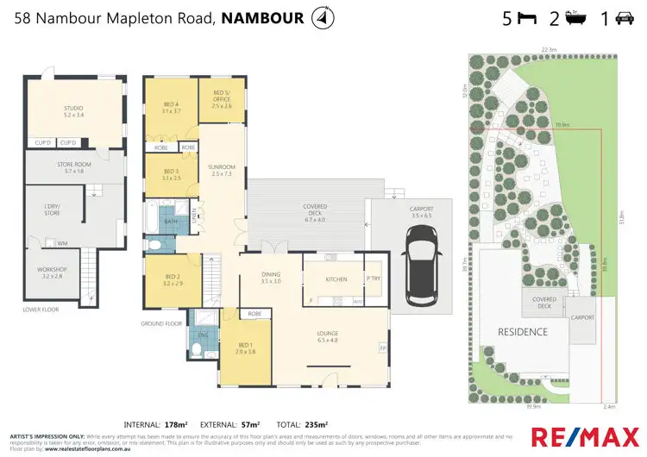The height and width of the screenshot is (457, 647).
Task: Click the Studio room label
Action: pyautogui.click(x=73, y=110)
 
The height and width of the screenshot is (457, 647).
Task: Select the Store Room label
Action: pyautogui.click(x=73, y=167)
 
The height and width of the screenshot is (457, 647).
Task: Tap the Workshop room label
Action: pyautogui.click(x=50, y=273)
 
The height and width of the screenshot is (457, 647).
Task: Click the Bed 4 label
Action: pyautogui.click(x=170, y=107)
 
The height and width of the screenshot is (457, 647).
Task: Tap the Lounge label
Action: pyautogui.click(x=327, y=336)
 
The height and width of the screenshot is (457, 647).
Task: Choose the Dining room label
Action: pyautogui.click(x=271, y=278)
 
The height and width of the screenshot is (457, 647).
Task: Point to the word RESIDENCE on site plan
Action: pyautogui.click(x=522, y=332)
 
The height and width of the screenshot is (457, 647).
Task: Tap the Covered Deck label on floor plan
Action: pyautogui.click(x=314, y=210)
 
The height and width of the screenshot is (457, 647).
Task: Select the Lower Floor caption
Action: pyautogui.click(x=41, y=308)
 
